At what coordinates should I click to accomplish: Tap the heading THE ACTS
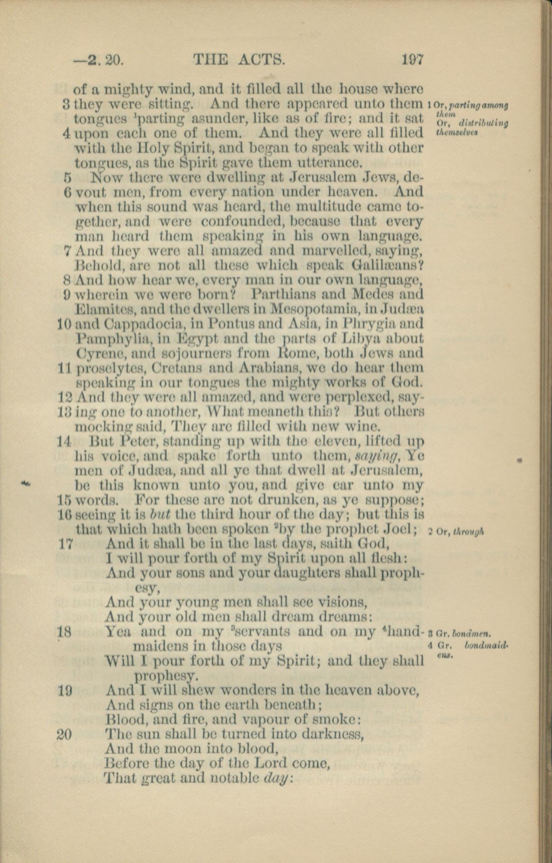tap(239, 59)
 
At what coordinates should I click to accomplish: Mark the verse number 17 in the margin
tap(66, 544)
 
